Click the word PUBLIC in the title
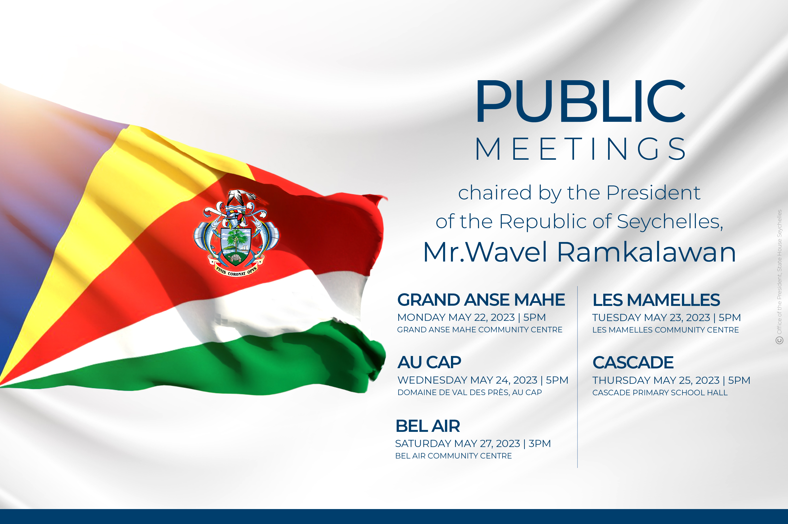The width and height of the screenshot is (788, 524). click(581, 101)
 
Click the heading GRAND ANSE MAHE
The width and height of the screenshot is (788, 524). click(481, 300)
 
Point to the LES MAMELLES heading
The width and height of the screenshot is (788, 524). click(656, 300)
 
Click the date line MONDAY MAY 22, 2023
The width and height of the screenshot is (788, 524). click(456, 317)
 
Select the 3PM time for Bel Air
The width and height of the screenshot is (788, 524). click(540, 444)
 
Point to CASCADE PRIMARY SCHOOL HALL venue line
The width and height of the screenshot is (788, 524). click(660, 393)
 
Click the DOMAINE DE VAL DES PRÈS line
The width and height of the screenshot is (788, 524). click(470, 392)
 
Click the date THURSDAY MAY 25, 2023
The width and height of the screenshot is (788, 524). click(656, 380)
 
